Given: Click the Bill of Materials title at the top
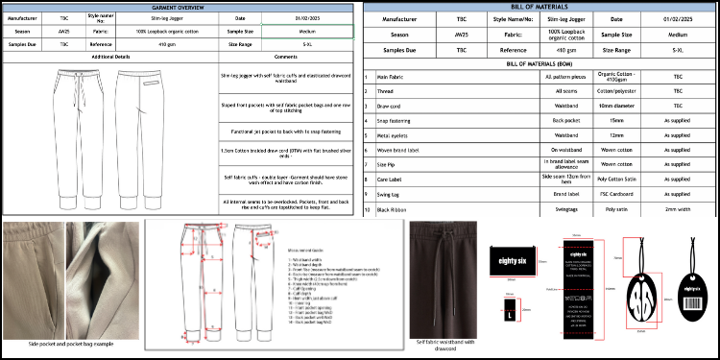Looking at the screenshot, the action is (x=541, y=7).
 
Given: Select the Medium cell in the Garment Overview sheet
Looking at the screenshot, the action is (x=306, y=31).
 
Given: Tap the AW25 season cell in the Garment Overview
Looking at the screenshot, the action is (x=62, y=31).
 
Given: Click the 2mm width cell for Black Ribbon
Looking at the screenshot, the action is (x=677, y=207).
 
